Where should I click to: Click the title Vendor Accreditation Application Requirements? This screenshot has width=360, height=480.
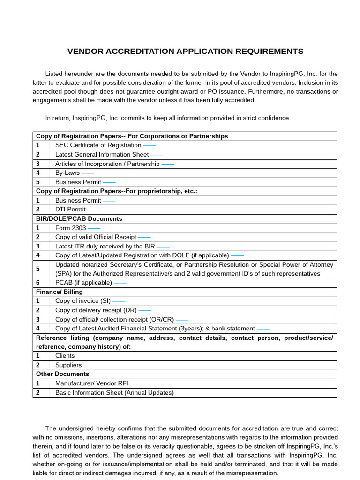pos(185,52)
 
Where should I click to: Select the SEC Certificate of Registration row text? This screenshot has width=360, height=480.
pos(98,145)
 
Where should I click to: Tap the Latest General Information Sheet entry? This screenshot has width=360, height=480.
pos(102,154)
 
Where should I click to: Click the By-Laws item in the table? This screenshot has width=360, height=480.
pos(67,173)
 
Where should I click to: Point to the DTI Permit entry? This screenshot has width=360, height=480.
pos(70,210)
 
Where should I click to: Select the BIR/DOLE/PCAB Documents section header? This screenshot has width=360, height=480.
pos(79,219)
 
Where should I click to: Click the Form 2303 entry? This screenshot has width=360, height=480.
pos(71,228)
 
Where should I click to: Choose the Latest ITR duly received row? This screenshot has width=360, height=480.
pos(105,246)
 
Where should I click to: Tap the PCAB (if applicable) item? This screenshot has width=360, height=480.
pos(83,283)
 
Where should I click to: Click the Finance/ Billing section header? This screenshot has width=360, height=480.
pos(60,292)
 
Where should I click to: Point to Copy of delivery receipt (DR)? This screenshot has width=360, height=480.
pos(97,310)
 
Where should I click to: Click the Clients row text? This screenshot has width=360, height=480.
pos(65,356)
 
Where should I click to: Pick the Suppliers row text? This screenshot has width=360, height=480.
pos(68,365)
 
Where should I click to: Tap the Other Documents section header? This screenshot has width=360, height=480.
pos(62,374)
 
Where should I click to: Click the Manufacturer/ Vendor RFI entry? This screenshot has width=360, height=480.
pos(91,383)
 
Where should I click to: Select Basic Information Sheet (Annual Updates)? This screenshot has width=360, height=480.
pos(114,393)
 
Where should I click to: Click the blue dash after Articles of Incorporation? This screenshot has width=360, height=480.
pos(168,164)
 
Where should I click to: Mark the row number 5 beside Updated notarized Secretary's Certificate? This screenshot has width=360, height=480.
pos(38,269)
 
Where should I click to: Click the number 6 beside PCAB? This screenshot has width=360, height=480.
pos(38,283)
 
